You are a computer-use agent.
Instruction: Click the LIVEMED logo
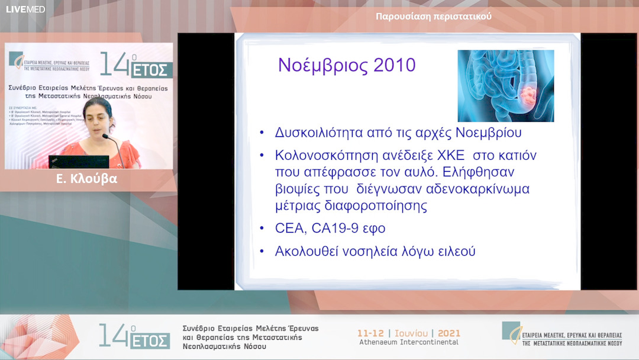tap(25, 9)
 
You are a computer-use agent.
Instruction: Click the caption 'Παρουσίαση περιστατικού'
tap(434, 17)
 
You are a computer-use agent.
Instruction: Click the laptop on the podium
tap(79, 162)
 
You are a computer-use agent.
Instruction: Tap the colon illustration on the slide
tap(505, 85)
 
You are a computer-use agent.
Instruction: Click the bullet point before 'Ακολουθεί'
tap(262, 251)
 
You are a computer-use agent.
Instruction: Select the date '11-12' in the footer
tap(371, 333)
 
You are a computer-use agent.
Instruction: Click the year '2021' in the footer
tap(448, 333)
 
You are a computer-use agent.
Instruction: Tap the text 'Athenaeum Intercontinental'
tap(408, 342)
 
